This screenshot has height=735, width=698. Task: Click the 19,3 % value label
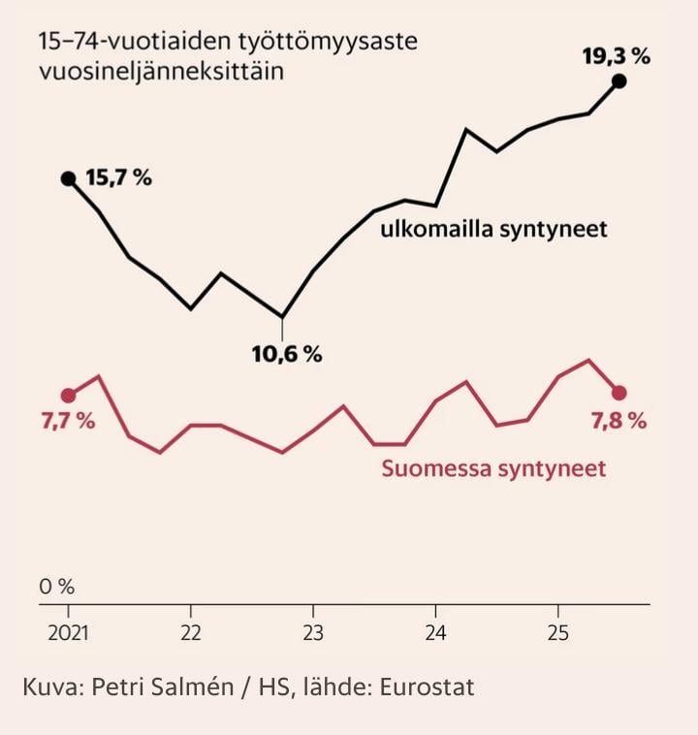(616, 56)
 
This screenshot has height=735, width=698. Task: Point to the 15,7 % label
(118, 178)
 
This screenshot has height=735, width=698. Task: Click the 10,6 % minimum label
(287, 355)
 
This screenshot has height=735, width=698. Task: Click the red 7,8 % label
(619, 421)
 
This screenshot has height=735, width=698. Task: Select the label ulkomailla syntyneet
(493, 230)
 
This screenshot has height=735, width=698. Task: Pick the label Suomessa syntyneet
(493, 469)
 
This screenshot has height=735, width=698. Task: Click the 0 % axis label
(56, 587)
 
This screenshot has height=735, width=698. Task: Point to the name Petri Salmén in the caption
(169, 687)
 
